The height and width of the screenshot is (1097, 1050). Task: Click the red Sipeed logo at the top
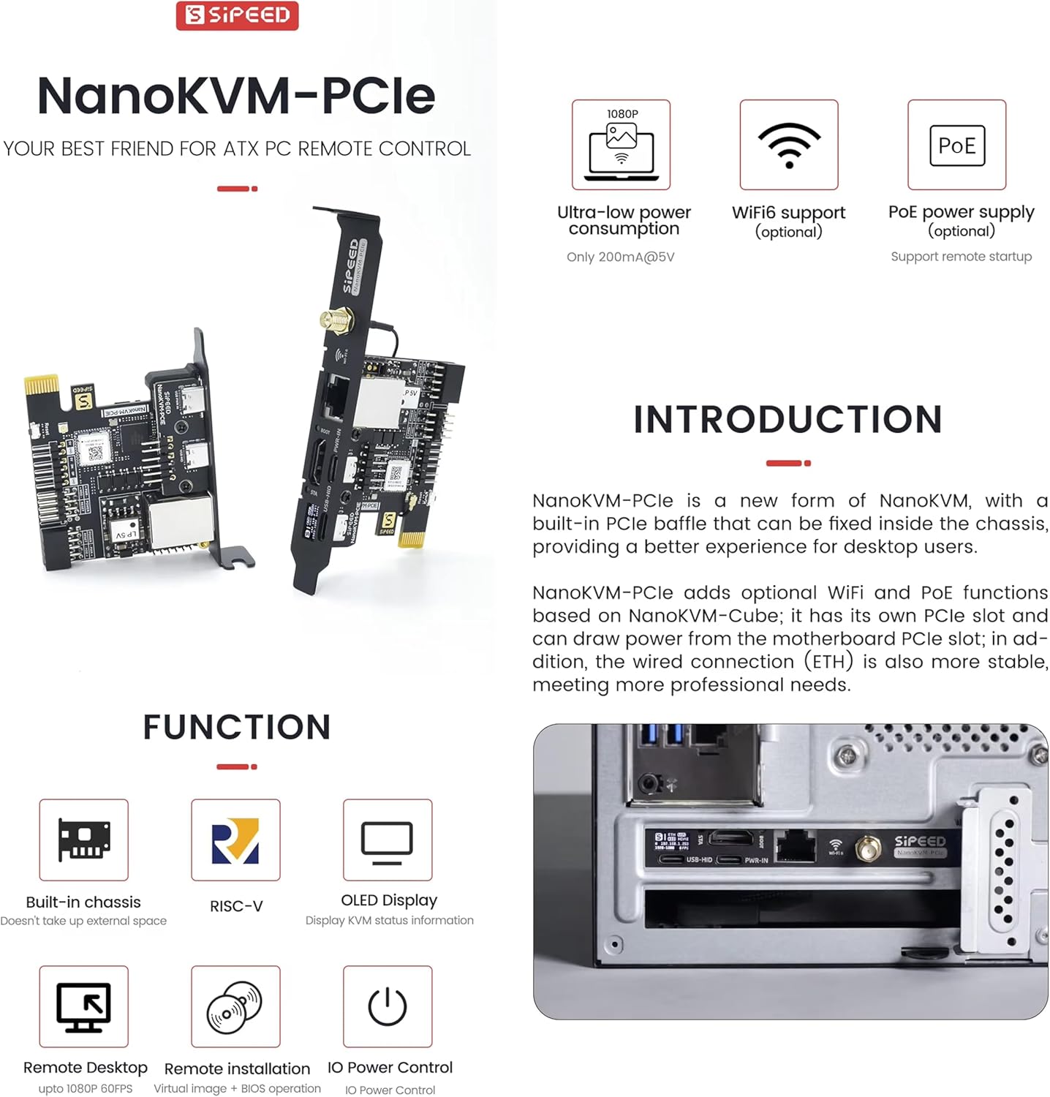(x=237, y=15)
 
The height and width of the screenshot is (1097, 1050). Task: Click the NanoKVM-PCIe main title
(x=236, y=96)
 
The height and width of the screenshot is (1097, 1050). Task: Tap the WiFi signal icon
(x=788, y=145)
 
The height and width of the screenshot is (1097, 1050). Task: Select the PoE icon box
(x=956, y=145)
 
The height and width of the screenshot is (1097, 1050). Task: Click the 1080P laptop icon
(x=621, y=145)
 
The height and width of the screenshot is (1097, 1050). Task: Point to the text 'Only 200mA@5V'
(x=620, y=257)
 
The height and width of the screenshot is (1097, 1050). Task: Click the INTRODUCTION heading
(x=787, y=420)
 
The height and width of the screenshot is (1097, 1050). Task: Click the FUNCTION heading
(x=237, y=727)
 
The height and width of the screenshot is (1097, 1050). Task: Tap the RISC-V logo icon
(x=235, y=840)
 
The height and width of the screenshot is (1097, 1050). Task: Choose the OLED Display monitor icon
(x=387, y=840)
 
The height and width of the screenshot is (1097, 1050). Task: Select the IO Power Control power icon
(x=387, y=1007)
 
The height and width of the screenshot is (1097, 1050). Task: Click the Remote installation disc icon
(x=235, y=1007)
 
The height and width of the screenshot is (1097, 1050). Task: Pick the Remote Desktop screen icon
(x=83, y=1007)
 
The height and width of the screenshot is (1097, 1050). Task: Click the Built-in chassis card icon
(x=83, y=840)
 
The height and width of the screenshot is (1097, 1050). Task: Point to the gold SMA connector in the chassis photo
(x=868, y=850)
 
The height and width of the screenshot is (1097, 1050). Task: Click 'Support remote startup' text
(x=961, y=257)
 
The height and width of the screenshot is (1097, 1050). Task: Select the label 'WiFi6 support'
(x=788, y=213)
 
